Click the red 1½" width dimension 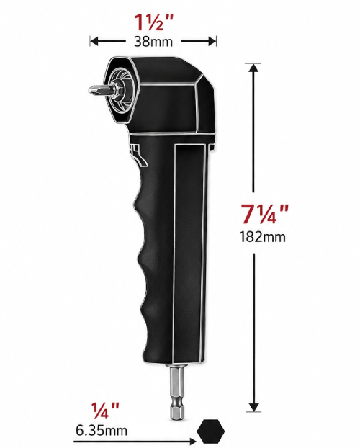click(x=153, y=22)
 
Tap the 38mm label click(x=153, y=42)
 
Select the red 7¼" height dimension click(x=264, y=215)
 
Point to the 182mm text click(x=262, y=237)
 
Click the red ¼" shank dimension click(x=105, y=411)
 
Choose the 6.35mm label click(x=102, y=430)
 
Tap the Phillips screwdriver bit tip click(x=89, y=90)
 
